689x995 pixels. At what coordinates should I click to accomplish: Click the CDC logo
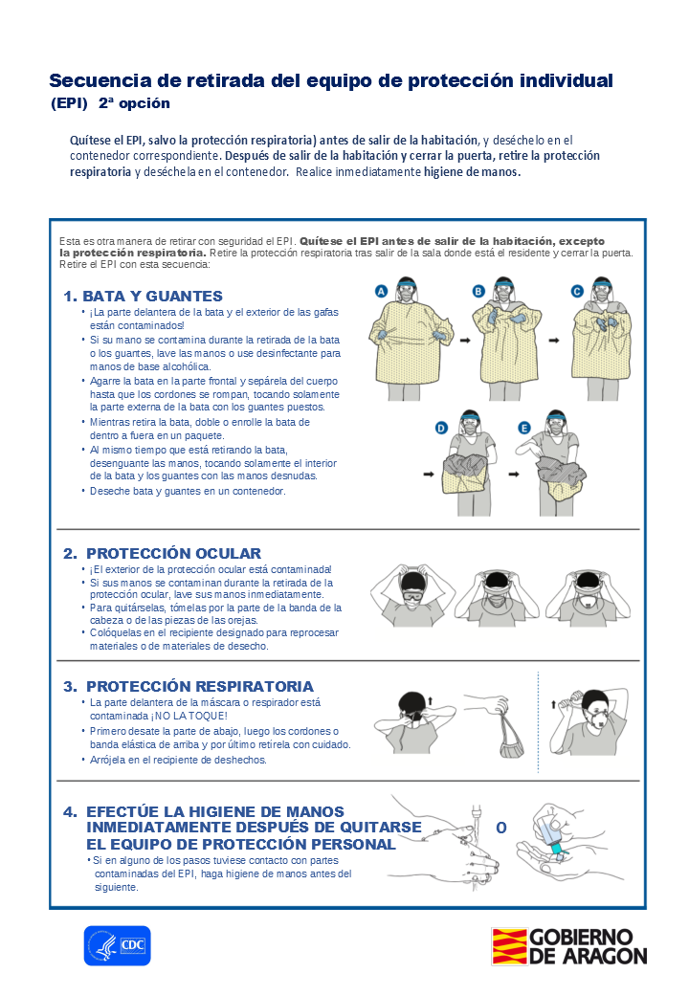click(118, 945)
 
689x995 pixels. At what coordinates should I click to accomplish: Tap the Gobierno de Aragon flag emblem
click(509, 946)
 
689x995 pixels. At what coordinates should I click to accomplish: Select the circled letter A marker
click(381, 291)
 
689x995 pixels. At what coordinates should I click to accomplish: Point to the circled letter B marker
click(479, 291)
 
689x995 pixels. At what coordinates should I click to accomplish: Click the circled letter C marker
click(577, 291)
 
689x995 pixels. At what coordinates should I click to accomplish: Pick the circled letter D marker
click(441, 429)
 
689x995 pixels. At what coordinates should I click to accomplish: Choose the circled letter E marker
click(524, 429)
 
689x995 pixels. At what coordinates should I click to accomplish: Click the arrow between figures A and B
click(466, 341)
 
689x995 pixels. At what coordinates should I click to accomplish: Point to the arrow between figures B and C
click(554, 341)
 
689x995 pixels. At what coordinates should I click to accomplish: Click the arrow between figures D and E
click(514, 474)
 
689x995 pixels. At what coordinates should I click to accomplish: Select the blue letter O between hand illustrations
click(501, 829)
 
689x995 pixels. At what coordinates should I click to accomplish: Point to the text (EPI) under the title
click(69, 103)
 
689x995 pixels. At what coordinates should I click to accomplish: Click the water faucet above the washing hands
click(475, 816)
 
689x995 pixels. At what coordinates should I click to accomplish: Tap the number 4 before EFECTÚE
click(70, 812)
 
